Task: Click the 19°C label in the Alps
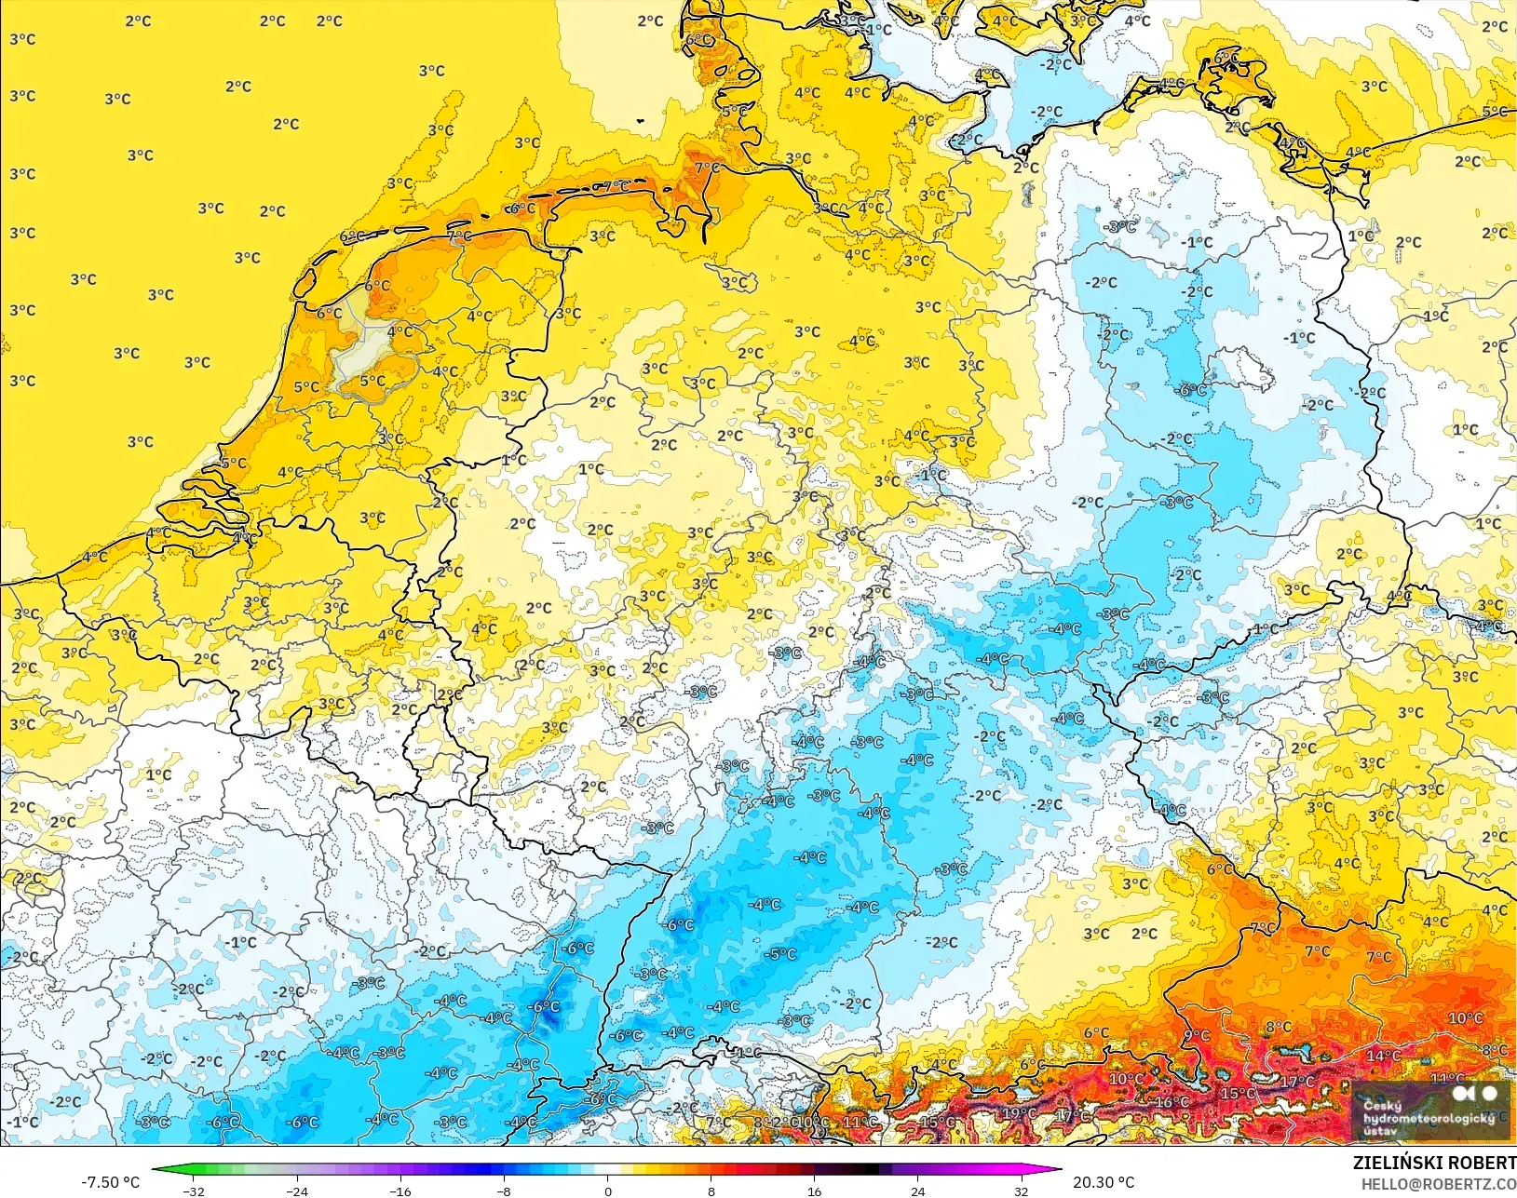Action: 1019,1113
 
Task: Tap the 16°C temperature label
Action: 1171,1102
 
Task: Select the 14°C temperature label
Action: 1383,1056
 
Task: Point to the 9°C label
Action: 1197,1036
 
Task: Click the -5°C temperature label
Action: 780,954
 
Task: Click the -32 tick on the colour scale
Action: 193,1191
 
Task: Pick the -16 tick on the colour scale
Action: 400,1191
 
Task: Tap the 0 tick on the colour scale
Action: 607,1191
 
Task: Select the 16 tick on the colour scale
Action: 815,1191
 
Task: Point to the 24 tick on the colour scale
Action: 918,1191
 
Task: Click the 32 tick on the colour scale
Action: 1022,1191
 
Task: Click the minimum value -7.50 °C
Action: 110,1182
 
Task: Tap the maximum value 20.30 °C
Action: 1104,1182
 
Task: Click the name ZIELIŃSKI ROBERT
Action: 1434,1163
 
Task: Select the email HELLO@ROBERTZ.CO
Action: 1439,1184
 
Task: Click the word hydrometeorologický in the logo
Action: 1429,1118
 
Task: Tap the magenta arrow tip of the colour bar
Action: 1059,1170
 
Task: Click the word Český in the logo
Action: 1382,1106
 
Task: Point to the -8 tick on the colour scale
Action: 504,1191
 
